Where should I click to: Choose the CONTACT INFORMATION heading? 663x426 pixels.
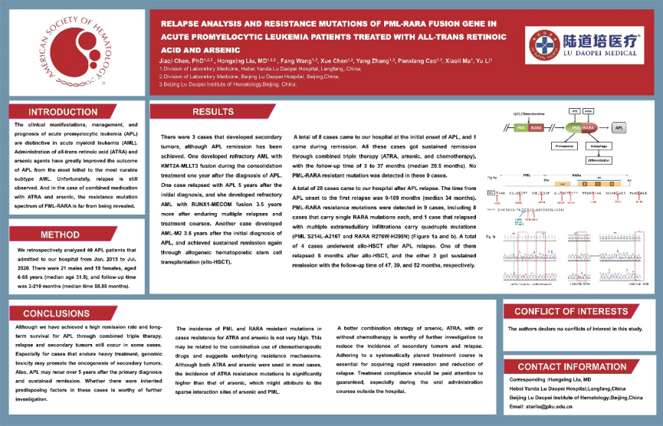[x=572, y=367]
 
